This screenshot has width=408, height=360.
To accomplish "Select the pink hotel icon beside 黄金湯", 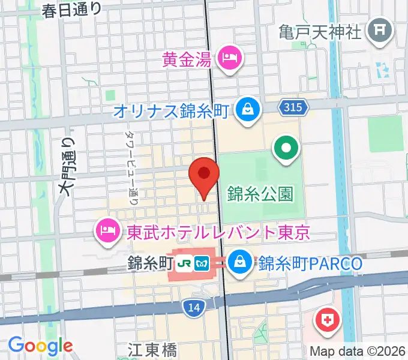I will (x=230, y=58).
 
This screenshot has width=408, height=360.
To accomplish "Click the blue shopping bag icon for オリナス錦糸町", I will (x=246, y=110).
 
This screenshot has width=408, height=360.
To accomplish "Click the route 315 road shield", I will (x=293, y=107).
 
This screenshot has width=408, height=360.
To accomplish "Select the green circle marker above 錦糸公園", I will (x=286, y=147).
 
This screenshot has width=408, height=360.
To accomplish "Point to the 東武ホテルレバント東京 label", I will (x=218, y=232).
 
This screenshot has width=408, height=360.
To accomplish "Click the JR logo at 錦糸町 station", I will (x=187, y=263).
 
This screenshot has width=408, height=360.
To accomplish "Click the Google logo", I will (x=40, y=346).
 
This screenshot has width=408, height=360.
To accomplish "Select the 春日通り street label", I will (x=73, y=10).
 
